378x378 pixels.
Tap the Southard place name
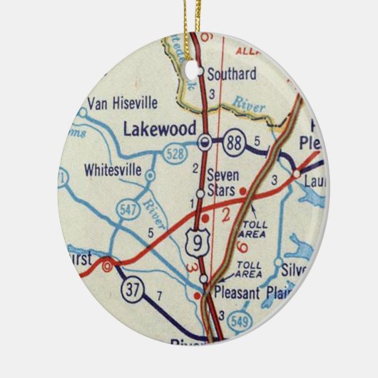231,72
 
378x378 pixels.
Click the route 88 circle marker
234,141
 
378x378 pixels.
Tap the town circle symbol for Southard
201,72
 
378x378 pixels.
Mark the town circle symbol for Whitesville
150,175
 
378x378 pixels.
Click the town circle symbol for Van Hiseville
83,112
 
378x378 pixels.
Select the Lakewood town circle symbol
205,141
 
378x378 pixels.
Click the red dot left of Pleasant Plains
197,294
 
